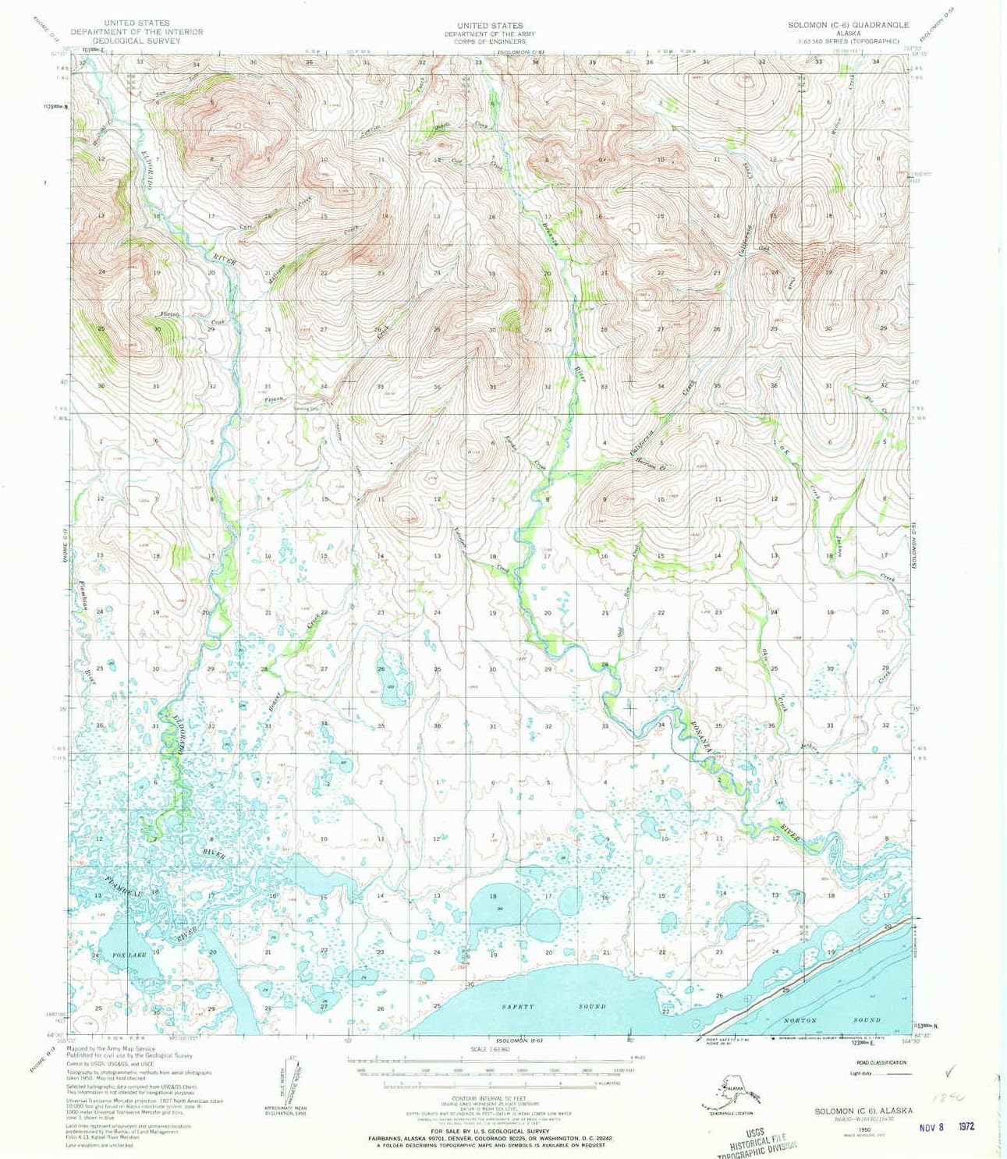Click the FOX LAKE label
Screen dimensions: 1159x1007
pyautogui.click(x=129, y=955)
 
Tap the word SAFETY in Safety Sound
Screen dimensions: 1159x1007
pyautogui.click(x=518, y=1006)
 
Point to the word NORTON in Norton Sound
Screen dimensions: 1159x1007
pyautogui.click(x=800, y=1019)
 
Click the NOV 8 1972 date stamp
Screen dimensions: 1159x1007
pyautogui.click(x=947, y=1127)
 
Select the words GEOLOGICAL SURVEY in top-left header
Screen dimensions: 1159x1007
pyautogui.click(x=137, y=40)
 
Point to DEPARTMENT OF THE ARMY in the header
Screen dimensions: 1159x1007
pyautogui.click(x=490, y=34)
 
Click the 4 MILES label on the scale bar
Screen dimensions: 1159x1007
pyautogui.click(x=622, y=1057)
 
